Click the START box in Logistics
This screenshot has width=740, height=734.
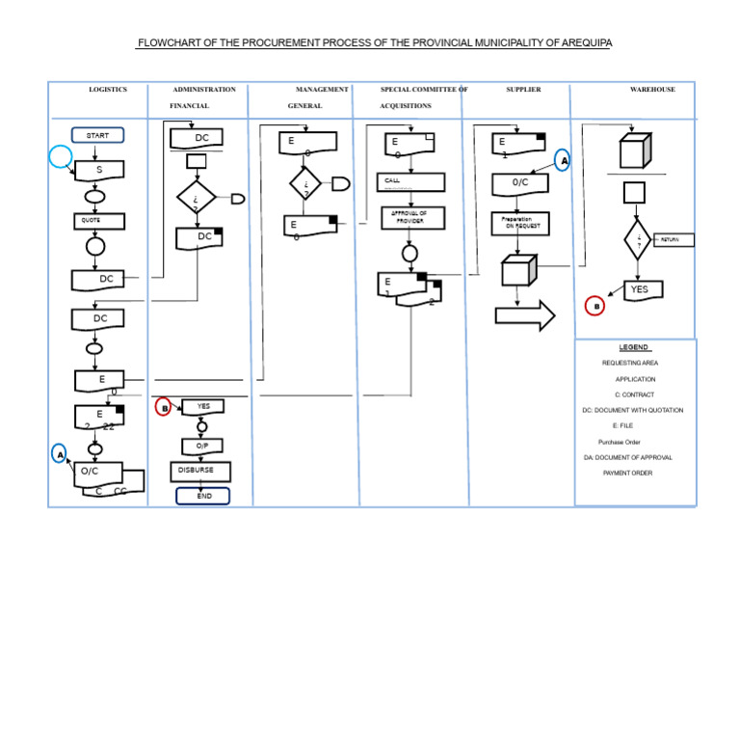97,136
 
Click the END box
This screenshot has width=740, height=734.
203,496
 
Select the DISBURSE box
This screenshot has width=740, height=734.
201,471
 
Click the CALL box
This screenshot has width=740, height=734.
410,181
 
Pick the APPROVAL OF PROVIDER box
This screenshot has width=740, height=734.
410,217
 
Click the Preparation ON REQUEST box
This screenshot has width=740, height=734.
520,223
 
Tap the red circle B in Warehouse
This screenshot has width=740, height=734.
595,306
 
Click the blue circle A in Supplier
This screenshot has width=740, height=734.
563,160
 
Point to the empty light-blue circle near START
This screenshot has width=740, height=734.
61,156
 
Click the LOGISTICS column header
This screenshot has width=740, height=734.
108,90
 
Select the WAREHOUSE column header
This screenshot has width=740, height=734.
652,90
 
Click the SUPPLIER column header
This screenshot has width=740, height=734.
523,90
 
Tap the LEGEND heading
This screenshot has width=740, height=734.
634,347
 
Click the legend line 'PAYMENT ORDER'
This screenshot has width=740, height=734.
627,474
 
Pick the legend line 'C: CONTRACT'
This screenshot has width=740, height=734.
634,394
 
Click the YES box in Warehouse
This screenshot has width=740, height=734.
640,289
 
